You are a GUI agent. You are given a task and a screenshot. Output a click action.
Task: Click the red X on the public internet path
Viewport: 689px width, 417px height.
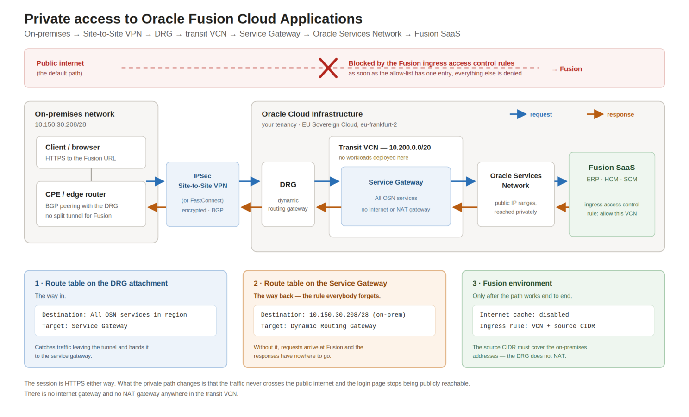[x=328, y=68]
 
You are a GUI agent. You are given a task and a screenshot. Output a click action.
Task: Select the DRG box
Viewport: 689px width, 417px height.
[x=288, y=194]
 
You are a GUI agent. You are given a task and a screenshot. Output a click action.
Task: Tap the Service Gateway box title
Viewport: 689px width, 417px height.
[x=395, y=182]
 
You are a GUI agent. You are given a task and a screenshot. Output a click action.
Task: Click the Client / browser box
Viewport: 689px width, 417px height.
[x=91, y=152]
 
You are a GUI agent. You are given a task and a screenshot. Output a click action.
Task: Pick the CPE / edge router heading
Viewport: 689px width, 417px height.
[x=75, y=194]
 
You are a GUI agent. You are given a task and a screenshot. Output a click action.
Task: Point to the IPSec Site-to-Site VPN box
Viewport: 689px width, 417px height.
[x=202, y=194]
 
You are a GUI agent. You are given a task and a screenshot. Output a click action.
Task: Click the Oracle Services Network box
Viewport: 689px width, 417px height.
[x=515, y=194]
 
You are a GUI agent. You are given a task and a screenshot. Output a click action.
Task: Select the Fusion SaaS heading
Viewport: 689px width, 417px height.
[x=612, y=168]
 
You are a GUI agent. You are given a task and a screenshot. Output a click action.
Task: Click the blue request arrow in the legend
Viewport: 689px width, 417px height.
[x=518, y=114]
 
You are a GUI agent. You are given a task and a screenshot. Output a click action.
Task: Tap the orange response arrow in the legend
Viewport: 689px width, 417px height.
[x=595, y=114]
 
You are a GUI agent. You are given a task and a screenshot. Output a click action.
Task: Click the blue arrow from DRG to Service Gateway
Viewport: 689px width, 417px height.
[x=327, y=181]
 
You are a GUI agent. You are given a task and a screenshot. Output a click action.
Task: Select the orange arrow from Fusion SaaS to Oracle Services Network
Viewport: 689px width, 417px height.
[x=563, y=207]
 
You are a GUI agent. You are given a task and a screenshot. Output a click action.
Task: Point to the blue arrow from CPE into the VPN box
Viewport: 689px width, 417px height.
[x=155, y=181]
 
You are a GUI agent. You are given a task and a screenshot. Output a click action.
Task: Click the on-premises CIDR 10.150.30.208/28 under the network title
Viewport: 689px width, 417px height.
[x=60, y=124]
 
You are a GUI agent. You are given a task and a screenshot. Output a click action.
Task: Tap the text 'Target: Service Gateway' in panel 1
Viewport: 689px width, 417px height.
[x=85, y=326]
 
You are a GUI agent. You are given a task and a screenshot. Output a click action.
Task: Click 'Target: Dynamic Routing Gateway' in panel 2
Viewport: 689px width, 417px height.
[x=319, y=326]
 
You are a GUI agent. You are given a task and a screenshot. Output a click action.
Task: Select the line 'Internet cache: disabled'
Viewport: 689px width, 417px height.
[x=524, y=315]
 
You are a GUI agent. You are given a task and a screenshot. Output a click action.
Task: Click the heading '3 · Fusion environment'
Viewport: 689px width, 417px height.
[x=512, y=283]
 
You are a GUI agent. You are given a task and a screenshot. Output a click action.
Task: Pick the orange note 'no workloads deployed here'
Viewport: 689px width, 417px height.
[x=373, y=157]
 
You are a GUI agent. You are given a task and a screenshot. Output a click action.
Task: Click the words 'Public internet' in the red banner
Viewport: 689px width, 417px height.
[x=60, y=63]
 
